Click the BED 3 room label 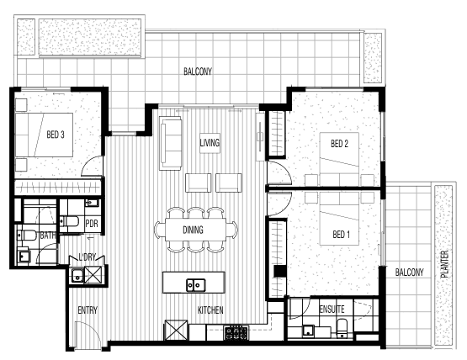click(56, 135)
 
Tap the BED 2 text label click(339, 144)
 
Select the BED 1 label click(341, 235)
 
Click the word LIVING click(210, 143)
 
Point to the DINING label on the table click(193, 230)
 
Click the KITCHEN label click(210, 310)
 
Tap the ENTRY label click(88, 310)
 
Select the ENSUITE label click(332, 309)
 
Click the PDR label click(92, 224)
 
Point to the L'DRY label click(87, 257)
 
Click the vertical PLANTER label click(444, 264)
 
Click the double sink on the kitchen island click(196, 285)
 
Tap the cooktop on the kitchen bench click(236, 333)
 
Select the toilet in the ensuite click(342, 328)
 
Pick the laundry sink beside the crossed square click(77, 275)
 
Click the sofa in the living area click(170, 143)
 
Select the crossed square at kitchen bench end click(176, 330)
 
